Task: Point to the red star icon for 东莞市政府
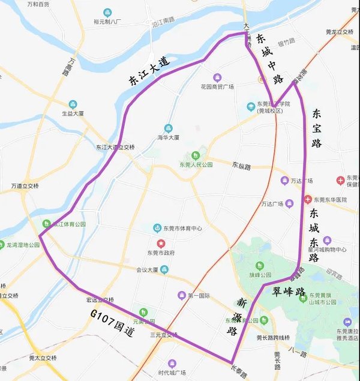161,243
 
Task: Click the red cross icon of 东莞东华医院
308,199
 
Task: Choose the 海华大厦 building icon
168,128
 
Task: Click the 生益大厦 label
73,113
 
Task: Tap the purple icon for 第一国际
182,295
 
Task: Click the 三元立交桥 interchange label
164,335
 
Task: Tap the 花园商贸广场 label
217,86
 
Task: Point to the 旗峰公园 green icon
259,266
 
